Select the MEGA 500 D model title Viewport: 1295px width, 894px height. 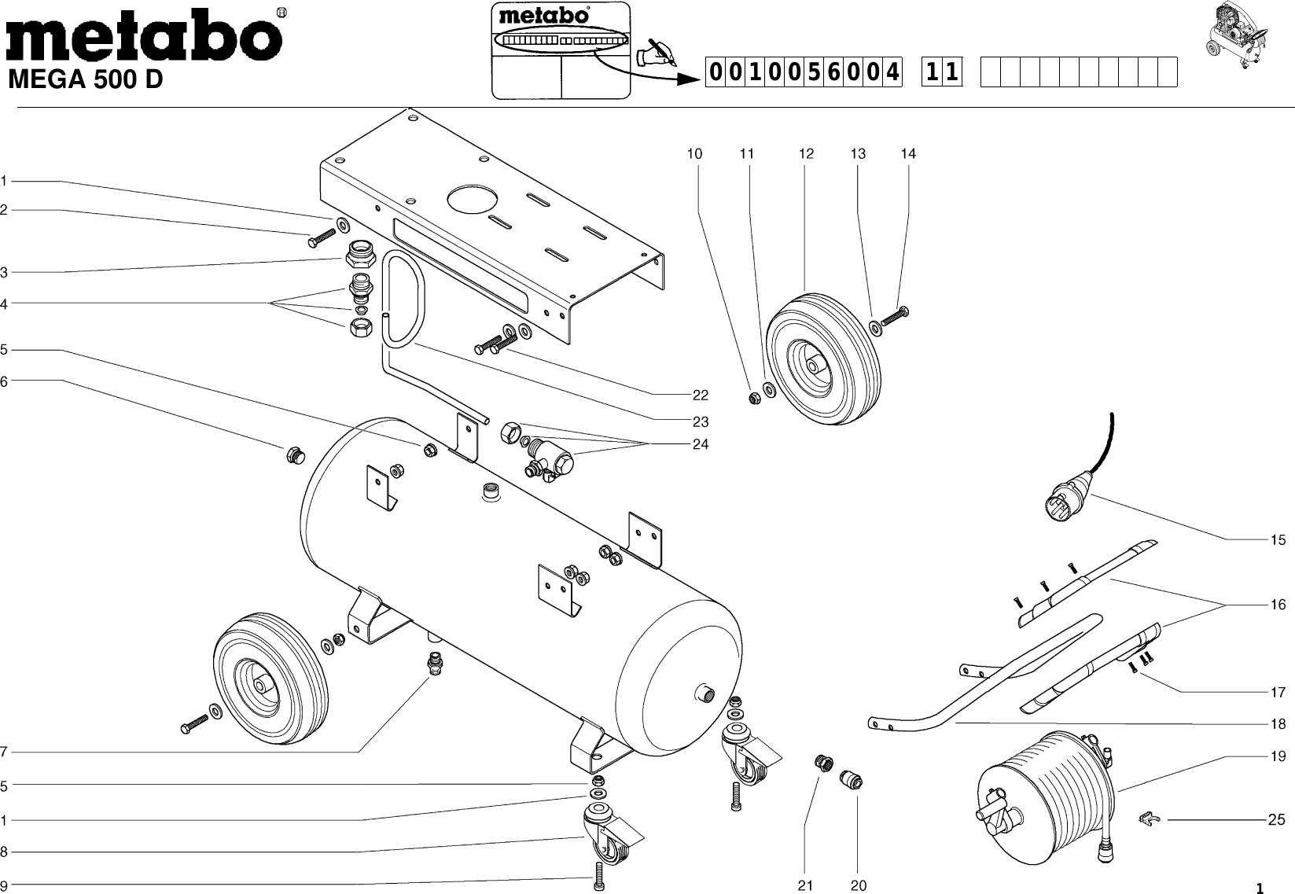click(x=85, y=80)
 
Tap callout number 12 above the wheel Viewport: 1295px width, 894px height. click(x=806, y=154)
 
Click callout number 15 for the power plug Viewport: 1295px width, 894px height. click(x=1278, y=540)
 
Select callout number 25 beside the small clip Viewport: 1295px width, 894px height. click(x=1276, y=820)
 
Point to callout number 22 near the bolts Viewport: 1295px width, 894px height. click(x=700, y=395)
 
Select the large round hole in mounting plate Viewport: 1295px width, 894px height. click(x=473, y=200)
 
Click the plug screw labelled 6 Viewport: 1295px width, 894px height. click(x=293, y=455)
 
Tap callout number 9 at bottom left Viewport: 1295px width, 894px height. click(x=4, y=884)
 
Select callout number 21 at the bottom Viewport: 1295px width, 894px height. click(x=804, y=886)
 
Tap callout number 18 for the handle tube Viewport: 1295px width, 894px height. click(x=1278, y=724)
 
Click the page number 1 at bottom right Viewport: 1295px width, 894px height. click(x=1259, y=889)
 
